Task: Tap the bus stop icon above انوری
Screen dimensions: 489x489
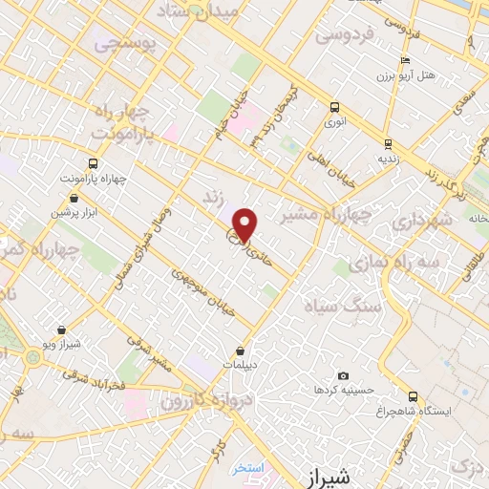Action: [334, 107]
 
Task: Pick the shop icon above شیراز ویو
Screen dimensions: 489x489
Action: [62, 330]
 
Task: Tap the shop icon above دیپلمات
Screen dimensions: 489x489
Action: [241, 351]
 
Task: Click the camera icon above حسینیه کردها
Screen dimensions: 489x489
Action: [344, 376]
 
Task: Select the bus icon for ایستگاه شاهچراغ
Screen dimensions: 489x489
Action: [413, 396]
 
